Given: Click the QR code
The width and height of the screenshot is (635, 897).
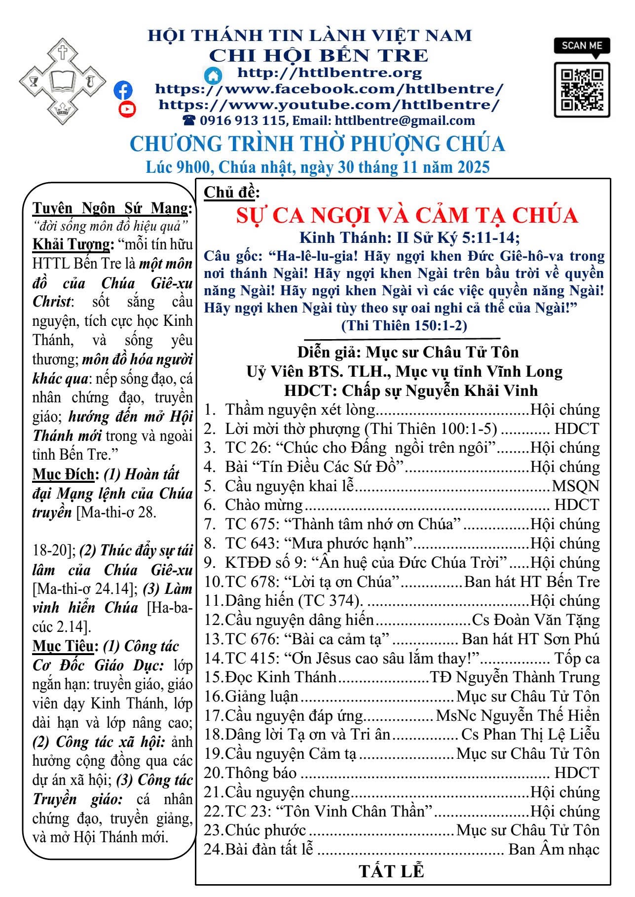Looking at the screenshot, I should (582, 89).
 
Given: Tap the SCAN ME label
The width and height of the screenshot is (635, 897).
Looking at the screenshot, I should (582, 46).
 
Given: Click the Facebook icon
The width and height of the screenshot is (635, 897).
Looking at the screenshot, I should (123, 90).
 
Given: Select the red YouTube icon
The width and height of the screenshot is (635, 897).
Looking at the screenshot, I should (127, 109).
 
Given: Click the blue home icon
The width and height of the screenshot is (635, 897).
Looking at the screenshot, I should (213, 75).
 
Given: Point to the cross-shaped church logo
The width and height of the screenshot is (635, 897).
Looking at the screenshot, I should (62, 81).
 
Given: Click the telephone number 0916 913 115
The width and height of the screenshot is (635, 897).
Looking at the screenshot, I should (242, 120).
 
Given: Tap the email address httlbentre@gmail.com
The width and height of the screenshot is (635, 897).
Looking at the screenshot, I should (405, 120).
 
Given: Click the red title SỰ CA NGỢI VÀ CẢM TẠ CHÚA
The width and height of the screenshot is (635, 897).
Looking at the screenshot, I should (407, 215).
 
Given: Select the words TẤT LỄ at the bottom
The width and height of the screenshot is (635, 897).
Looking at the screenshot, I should (391, 871).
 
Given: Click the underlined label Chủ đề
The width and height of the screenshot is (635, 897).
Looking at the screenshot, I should (231, 192).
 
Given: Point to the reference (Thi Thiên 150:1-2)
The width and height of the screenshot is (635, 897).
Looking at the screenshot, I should (404, 325).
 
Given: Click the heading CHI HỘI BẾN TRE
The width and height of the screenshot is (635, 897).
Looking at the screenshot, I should (319, 55).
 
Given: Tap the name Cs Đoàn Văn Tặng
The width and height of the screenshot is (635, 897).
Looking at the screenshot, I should (536, 620).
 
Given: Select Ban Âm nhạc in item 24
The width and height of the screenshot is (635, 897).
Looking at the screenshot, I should (554, 849).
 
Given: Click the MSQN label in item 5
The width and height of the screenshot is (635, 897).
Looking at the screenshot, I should (575, 486).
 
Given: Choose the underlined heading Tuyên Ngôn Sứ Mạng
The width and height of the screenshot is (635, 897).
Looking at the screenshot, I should (112, 208).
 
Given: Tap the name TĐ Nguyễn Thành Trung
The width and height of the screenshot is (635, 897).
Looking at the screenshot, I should (515, 677).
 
